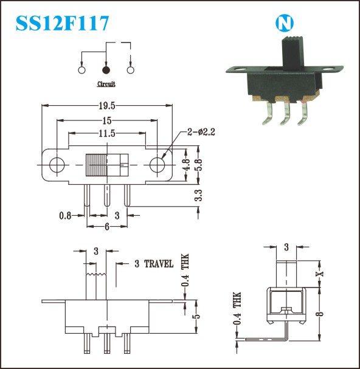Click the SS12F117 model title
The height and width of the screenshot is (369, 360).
pos(62,23)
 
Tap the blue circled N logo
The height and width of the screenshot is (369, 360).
pos(285,23)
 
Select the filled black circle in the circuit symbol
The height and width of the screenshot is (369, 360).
pos(106,70)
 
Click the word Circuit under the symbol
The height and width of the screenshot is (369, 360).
pos(106,84)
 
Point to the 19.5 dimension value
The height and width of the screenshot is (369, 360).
pos(107,106)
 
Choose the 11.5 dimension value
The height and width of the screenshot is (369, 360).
pos(107,133)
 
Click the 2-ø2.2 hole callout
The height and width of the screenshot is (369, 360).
pos(201,132)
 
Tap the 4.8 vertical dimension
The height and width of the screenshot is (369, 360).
pos(186,165)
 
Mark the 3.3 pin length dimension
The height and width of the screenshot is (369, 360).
pos(198,195)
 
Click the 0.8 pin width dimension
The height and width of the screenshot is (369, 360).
pos(65,216)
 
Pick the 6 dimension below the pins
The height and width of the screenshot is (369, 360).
pos(107,227)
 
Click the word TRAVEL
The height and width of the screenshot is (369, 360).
pos(159,264)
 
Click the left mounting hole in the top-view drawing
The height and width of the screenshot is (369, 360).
pos(57,165)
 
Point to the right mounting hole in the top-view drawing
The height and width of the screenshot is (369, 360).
pos(157,165)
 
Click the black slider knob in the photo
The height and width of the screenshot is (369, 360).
pos(292,54)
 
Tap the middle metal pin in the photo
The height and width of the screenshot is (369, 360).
pos(286,113)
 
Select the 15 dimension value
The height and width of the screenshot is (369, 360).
pos(107,121)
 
